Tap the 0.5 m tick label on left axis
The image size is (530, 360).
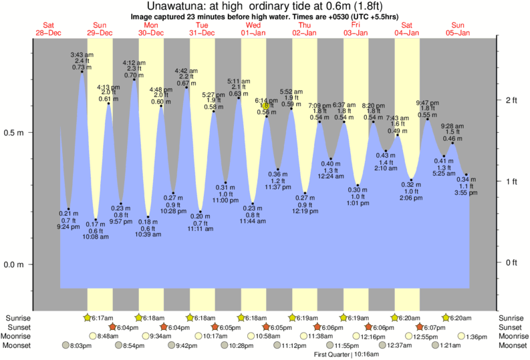14,132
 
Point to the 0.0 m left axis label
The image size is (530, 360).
14,264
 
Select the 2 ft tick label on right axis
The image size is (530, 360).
511,100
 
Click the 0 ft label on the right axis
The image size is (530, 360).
511,262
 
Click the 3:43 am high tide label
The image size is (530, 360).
82,54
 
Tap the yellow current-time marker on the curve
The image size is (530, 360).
266,106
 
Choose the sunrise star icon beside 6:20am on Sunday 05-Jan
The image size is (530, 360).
446,318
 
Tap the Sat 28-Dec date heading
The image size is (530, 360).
47,27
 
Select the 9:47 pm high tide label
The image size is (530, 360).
427,102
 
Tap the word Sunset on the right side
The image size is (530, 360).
511,327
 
